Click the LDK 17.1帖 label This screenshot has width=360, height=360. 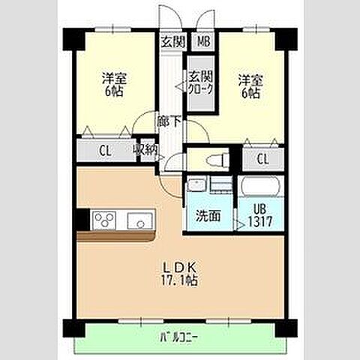click(x=179, y=274)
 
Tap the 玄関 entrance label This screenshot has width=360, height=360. click(x=173, y=41)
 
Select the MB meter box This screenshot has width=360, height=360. click(x=204, y=41)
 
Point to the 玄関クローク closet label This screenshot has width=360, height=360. click(x=201, y=82)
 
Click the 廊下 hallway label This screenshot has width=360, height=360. click(x=169, y=121)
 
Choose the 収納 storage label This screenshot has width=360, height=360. click(x=145, y=150)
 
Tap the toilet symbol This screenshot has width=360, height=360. click(x=217, y=160)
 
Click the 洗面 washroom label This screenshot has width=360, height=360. click(x=208, y=216)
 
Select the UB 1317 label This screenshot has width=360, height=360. click(x=260, y=215)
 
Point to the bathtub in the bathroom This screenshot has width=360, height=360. click(x=260, y=186)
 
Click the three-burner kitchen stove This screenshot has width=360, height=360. click(x=104, y=220)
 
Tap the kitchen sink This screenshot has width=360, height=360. click(x=140, y=220)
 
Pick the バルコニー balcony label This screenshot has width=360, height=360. click(x=179, y=338)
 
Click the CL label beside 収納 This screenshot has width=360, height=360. click(x=105, y=151)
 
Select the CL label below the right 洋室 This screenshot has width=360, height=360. click(x=262, y=159)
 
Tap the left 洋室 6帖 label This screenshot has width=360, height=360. click(x=114, y=84)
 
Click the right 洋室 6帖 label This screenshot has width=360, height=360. click(x=250, y=86)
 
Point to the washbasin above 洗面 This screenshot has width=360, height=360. click(x=196, y=184)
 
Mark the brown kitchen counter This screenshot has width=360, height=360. click(x=115, y=236)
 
